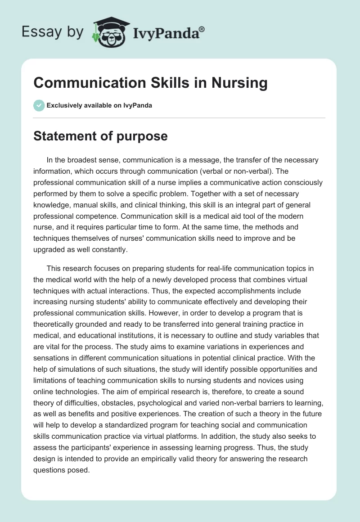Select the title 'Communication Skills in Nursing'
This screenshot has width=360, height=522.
150,83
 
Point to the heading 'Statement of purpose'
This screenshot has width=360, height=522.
100,136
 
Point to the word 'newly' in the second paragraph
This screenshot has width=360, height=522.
157,279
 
